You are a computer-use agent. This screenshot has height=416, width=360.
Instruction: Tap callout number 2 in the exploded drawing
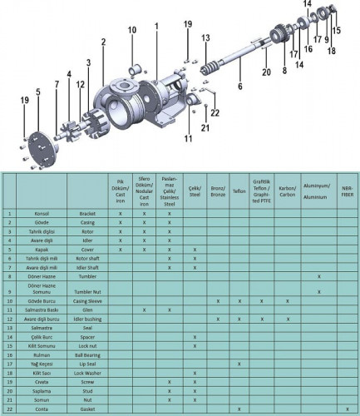(x=104, y=42)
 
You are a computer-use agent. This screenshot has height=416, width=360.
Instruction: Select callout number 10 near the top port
(x=132, y=31)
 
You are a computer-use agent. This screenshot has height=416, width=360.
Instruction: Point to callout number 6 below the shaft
(x=240, y=86)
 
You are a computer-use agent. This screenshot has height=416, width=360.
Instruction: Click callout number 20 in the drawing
(x=266, y=72)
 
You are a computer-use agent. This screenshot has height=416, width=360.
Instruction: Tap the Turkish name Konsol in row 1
(x=42, y=214)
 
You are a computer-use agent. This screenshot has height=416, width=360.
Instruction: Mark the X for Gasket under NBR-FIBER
(x=347, y=408)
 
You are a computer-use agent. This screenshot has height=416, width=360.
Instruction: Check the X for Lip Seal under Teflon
(x=239, y=364)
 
